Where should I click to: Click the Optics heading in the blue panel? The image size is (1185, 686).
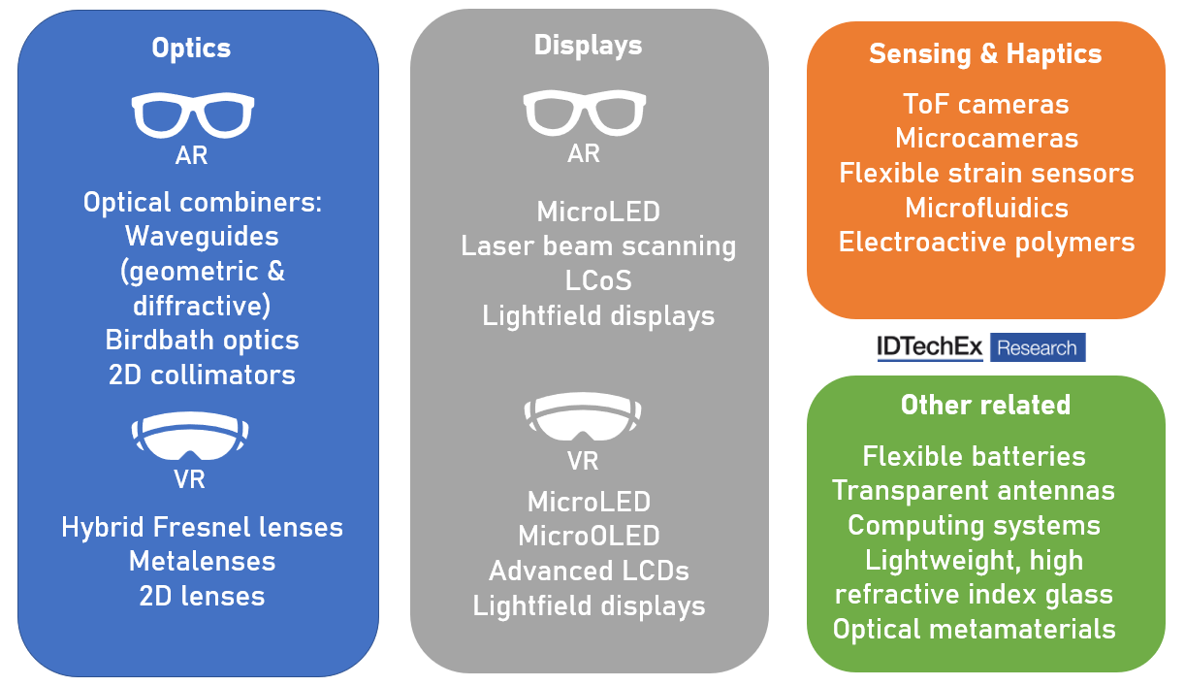pyautogui.click(x=191, y=48)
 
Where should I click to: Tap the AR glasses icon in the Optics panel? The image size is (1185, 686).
pyautogui.click(x=192, y=115)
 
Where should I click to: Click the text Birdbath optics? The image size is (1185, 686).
pyautogui.click(x=202, y=341)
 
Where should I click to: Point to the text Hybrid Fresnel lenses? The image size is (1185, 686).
pyautogui.click(x=202, y=528)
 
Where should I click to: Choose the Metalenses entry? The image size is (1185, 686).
pyautogui.click(x=202, y=561)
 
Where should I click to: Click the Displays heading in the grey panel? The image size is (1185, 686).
pyautogui.click(x=588, y=45)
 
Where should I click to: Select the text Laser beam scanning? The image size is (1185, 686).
pyautogui.click(x=598, y=246)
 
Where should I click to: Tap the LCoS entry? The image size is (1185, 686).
pyautogui.click(x=598, y=280)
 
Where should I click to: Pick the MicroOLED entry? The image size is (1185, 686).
pyautogui.click(x=589, y=536)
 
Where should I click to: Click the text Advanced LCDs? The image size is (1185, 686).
pyautogui.click(x=589, y=571)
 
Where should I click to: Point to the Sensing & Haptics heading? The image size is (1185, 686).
pyautogui.click(x=985, y=54)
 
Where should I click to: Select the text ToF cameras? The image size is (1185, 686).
pyautogui.click(x=985, y=105)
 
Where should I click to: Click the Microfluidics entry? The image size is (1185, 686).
pyautogui.click(x=986, y=208)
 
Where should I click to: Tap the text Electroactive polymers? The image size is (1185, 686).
pyautogui.click(x=986, y=242)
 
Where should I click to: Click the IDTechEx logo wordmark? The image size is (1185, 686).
pyautogui.click(x=930, y=347)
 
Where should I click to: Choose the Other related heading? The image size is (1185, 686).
pyautogui.click(x=985, y=405)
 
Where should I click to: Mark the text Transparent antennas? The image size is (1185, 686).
pyautogui.click(x=974, y=491)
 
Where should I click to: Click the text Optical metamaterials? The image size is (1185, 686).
pyautogui.click(x=974, y=629)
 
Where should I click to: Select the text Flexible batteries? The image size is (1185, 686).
pyautogui.click(x=974, y=456)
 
